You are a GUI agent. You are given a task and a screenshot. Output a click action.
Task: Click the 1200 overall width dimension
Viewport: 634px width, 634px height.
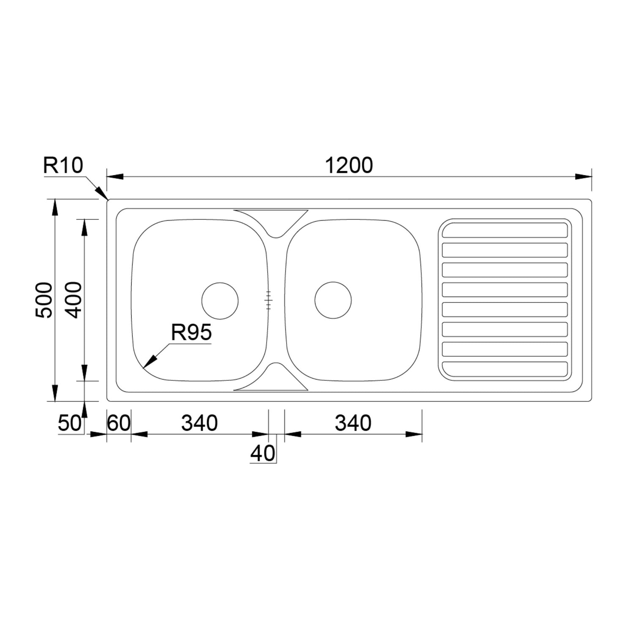coord(349,165)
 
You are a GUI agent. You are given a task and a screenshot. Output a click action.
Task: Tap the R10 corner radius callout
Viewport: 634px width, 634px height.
coord(63,165)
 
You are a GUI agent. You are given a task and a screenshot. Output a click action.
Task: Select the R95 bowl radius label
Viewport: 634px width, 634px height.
coord(191,333)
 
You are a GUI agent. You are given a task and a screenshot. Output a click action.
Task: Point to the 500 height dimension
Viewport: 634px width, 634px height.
coord(44,300)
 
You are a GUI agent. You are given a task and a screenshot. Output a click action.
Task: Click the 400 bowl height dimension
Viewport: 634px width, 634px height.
coord(75,300)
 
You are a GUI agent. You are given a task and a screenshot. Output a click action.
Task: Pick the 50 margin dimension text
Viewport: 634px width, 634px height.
coord(69,423)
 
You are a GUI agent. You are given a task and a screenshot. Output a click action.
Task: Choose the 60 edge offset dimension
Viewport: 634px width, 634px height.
coord(119,423)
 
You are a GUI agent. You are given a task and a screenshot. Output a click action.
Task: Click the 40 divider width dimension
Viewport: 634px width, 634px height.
coord(263,454)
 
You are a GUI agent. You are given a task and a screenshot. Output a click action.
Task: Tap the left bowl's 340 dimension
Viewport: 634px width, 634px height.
coord(199,423)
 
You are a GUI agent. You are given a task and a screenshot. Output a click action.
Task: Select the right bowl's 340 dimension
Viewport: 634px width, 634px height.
coord(353,423)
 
